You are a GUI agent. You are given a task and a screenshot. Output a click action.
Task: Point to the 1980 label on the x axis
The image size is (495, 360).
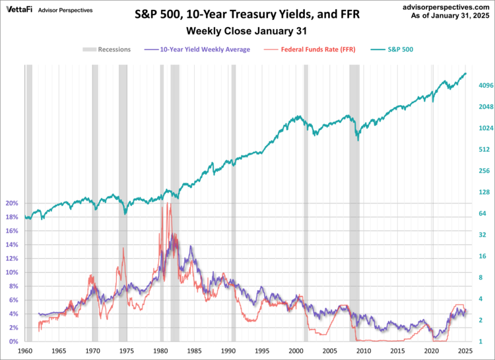161,351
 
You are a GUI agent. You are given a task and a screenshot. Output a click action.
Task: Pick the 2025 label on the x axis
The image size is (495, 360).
465,351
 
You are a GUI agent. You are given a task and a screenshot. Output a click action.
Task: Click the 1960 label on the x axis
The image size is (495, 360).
26,351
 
